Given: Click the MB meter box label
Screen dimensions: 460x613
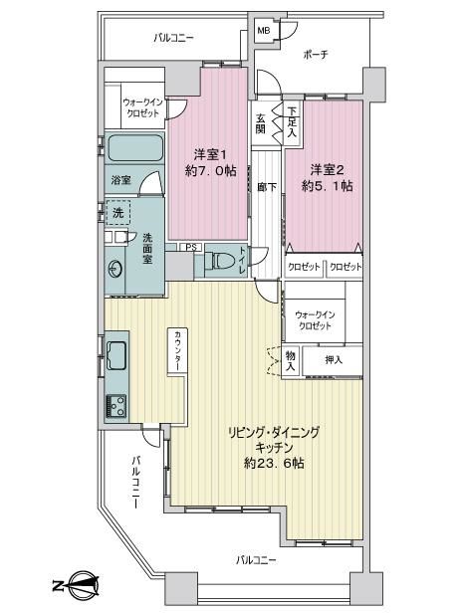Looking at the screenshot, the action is coord(263,30).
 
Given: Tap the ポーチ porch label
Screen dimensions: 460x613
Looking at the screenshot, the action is coord(316,54).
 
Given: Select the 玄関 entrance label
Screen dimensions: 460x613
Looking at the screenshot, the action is coord(261,122).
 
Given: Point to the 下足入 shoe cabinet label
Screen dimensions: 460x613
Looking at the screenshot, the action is coord(292,122).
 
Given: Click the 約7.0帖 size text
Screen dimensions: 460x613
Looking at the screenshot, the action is coord(210,171).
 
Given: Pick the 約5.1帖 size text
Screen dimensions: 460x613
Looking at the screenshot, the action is coord(327,185).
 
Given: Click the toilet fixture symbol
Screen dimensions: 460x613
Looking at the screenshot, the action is coord(218,261).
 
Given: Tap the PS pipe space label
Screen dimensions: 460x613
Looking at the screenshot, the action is coord(191,247).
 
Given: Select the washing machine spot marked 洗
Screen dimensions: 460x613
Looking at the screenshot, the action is coord(117,213).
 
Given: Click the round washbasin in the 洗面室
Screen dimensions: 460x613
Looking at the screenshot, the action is coord(115,269).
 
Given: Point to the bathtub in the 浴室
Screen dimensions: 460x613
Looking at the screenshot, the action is coord(135,147).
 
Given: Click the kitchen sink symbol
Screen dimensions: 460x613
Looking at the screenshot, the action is coord(116,355).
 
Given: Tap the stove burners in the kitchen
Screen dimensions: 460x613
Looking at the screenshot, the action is coord(116,406).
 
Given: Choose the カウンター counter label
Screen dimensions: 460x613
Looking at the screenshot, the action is coord(177,350).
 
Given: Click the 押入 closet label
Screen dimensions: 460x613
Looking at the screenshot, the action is coord(334,359).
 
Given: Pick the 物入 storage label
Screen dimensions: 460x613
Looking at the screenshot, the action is coord(291,361).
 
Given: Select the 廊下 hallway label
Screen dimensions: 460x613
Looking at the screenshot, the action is coord(267,187).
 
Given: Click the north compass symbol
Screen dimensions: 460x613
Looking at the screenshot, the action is coord(77,585).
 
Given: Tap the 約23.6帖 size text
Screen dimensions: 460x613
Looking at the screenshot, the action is coord(274,464).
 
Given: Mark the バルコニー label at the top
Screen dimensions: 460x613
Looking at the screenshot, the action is coord(173,38).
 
